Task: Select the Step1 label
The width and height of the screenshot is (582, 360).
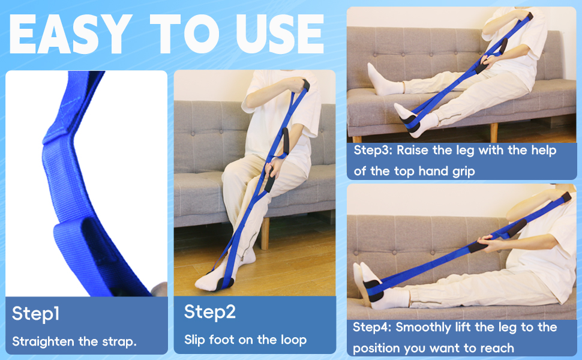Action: pos(36,313)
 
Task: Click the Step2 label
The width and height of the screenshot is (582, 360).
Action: pos(209,311)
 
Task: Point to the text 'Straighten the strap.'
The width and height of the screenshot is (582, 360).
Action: pos(74,341)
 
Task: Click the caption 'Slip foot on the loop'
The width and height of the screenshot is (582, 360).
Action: pos(245,340)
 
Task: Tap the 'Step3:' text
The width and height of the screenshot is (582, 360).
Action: pos(373,151)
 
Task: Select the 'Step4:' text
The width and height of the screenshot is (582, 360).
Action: pos(372,327)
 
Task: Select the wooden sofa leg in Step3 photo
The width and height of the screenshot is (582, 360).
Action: pos(493,132)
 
